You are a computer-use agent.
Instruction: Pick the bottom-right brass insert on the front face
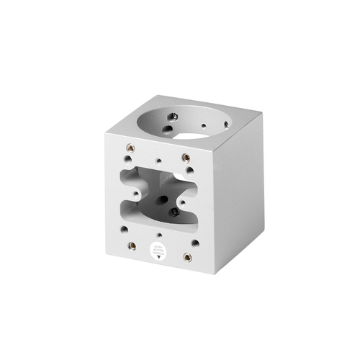click(x=187, y=257)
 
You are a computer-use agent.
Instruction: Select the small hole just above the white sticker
click(x=157, y=235)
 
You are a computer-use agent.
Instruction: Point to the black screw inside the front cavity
click(x=173, y=213)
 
